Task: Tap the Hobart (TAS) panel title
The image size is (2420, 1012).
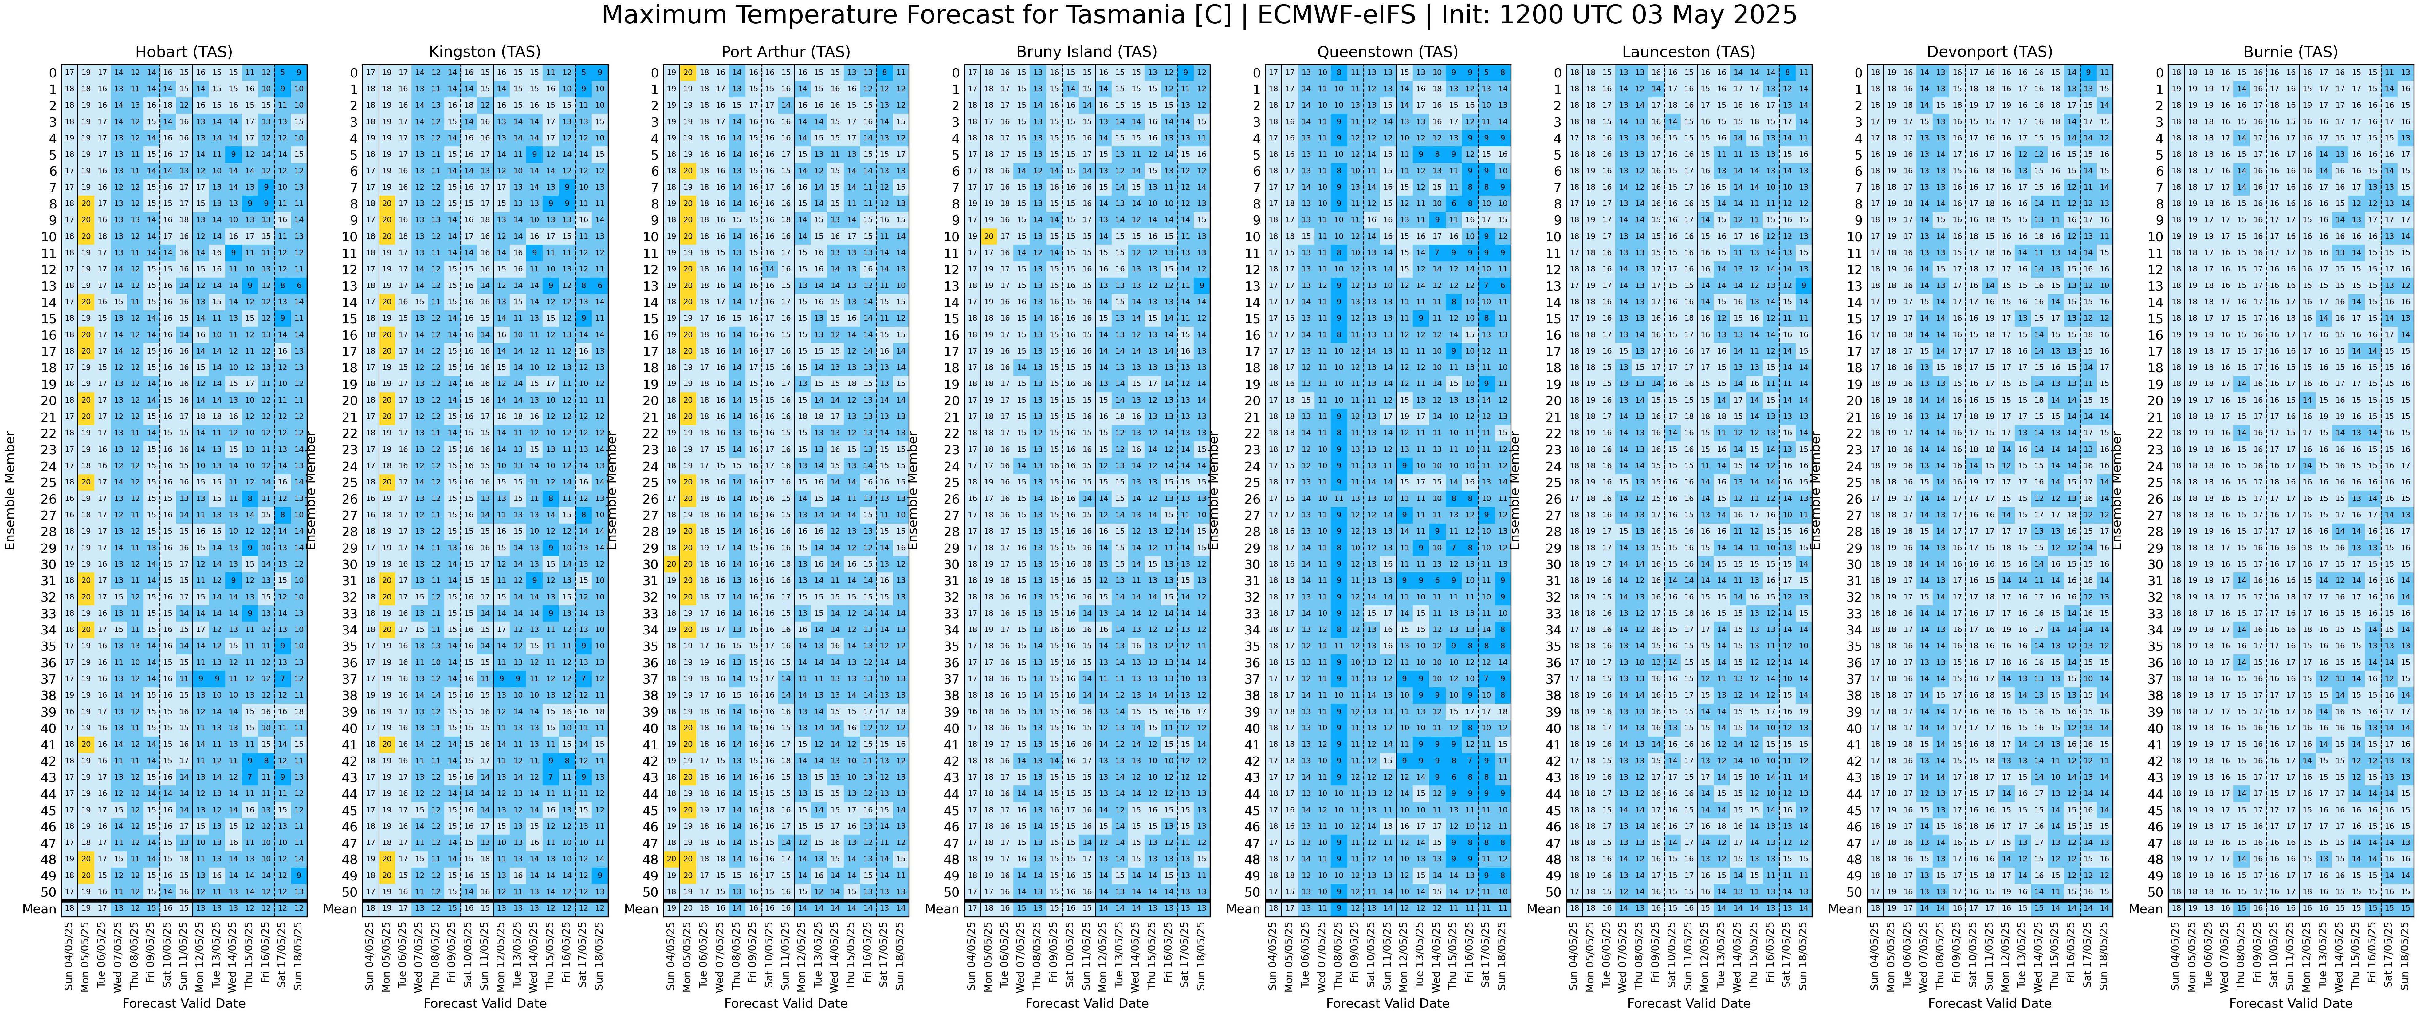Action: (184, 53)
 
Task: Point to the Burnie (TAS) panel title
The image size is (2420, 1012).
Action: (2290, 53)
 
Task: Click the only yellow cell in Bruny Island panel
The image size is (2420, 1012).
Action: (988, 237)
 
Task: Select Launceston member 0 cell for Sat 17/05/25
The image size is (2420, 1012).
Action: (1788, 72)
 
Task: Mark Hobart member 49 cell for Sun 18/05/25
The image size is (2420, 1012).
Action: (299, 876)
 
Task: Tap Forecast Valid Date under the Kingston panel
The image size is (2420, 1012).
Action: (485, 1002)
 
